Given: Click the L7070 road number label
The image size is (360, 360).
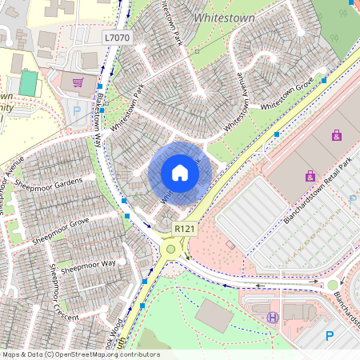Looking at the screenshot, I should (116, 38).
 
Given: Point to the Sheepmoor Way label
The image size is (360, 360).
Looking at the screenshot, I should (89, 263).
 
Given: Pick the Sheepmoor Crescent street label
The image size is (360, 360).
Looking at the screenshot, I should (64, 293).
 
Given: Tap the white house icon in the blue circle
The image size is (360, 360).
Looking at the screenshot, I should (180, 173).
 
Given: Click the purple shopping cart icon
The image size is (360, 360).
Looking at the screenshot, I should (78, 82).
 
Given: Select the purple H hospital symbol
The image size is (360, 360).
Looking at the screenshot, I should (273, 318).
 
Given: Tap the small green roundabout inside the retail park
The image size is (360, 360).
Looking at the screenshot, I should (333, 285).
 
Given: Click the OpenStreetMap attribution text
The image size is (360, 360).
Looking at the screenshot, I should (80, 354).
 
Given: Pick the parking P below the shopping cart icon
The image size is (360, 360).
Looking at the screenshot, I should (77, 112).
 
